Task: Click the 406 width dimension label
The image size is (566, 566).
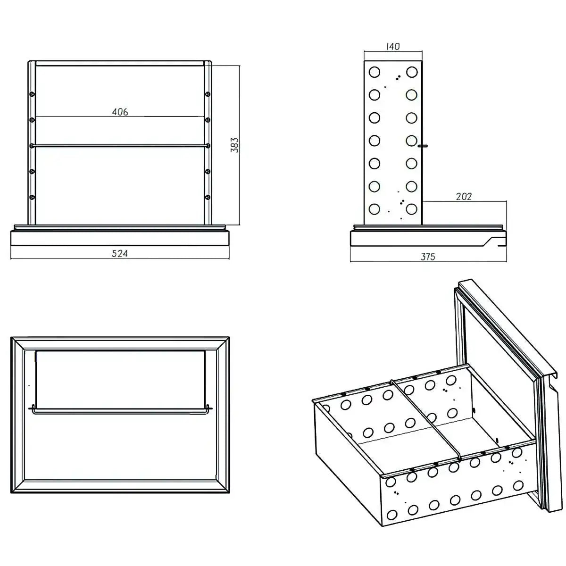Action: [x=120, y=112]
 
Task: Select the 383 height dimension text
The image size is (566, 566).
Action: [x=234, y=145]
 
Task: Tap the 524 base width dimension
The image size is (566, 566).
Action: [x=120, y=253]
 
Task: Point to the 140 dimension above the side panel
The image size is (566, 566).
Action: [x=393, y=47]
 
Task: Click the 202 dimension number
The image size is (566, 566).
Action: [x=464, y=196]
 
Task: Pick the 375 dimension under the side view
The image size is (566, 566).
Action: [x=428, y=257]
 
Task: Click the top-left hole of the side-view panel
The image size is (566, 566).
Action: [x=375, y=72]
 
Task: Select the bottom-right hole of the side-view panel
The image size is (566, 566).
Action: [x=412, y=208]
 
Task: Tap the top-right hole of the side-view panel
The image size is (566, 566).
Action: [x=412, y=72]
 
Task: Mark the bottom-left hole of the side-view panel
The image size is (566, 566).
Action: [x=375, y=208]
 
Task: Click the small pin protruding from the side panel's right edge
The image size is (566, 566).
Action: [x=424, y=146]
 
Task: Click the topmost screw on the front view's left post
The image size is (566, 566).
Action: [x=32, y=94]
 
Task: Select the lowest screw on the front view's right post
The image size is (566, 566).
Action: [x=208, y=197]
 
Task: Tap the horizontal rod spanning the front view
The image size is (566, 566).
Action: [x=120, y=146]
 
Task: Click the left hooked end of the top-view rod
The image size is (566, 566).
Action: [x=32, y=409]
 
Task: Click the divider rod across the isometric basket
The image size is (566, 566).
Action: [x=427, y=417]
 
